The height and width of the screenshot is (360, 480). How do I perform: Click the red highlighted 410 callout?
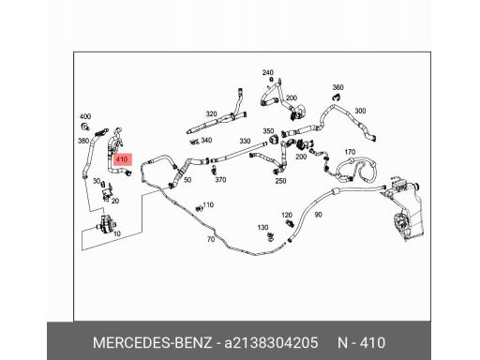coord(122,159)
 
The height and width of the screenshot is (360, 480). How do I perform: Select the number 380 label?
coord(83,142)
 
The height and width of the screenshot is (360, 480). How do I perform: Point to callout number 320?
coord(211,113)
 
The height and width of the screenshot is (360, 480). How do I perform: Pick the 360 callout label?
coord(338,85)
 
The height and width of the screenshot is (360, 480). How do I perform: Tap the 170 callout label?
coord(351,151)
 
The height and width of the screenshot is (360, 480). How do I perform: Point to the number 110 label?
coord(209,203)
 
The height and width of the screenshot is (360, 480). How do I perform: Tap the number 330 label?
coord(246,142)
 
